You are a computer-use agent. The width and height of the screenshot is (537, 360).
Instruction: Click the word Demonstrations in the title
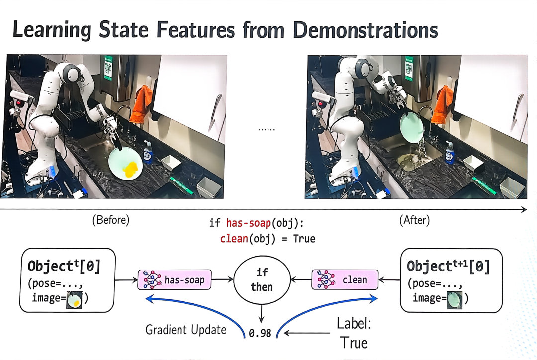pyautogui.click(x=365, y=30)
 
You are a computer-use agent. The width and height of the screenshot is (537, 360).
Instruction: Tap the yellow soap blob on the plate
pyautogui.click(x=132, y=170)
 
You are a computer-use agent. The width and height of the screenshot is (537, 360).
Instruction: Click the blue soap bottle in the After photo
pyautogui.click(x=449, y=153)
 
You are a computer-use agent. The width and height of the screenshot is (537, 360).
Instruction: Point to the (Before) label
pyautogui.click(x=111, y=220)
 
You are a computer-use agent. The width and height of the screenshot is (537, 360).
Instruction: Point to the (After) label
pyautogui.click(x=414, y=220)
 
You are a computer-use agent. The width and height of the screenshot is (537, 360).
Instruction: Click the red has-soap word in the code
pyautogui.click(x=249, y=223)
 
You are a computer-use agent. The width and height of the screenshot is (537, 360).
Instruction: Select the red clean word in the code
pyautogui.click(x=234, y=238)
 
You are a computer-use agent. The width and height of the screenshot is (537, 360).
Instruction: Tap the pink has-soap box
pyautogui.click(x=175, y=280)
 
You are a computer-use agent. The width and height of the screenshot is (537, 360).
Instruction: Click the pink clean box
pyautogui.click(x=345, y=280)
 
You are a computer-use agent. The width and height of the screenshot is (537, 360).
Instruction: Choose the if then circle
pyautogui.click(x=262, y=280)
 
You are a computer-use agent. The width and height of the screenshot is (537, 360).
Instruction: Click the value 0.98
pyautogui.click(x=260, y=333)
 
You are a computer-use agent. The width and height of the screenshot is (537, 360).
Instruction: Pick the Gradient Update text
pyautogui.click(x=186, y=330)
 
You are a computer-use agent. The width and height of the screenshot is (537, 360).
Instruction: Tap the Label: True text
pyautogui.click(x=354, y=333)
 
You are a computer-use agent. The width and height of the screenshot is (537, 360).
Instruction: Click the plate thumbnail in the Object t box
pyautogui.click(x=74, y=300)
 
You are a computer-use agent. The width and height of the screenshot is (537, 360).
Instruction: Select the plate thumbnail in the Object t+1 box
pyautogui.click(x=455, y=300)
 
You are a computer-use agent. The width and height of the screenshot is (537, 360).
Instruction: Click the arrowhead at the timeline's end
pyautogui.click(x=524, y=209)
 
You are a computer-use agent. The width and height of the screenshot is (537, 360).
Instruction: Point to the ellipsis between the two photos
pyautogui.click(x=267, y=129)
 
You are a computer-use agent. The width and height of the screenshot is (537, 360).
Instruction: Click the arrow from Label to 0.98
pyautogui.click(x=307, y=333)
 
